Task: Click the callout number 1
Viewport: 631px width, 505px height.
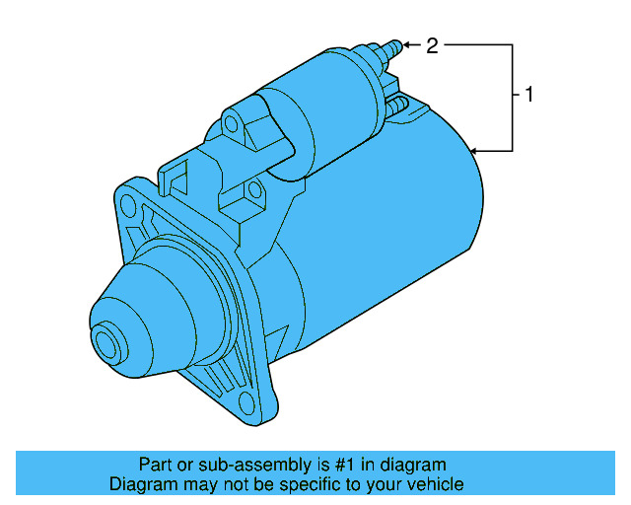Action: point(529,96)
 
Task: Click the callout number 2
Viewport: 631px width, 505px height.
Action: point(432,44)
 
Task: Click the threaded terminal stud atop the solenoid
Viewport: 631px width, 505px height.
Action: point(391,47)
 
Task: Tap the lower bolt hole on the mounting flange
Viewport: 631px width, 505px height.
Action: point(241,400)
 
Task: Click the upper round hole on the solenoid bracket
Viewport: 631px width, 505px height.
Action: point(232,124)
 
